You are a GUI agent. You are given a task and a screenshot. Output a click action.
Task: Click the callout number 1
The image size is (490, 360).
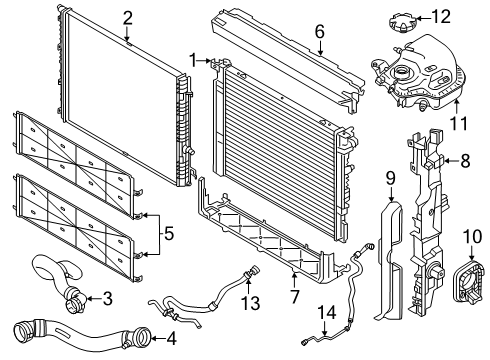click(193, 61)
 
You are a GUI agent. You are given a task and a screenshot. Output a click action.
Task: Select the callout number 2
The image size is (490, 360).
click(127, 17)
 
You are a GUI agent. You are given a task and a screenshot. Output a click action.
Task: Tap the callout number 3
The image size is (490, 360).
click(107, 296)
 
